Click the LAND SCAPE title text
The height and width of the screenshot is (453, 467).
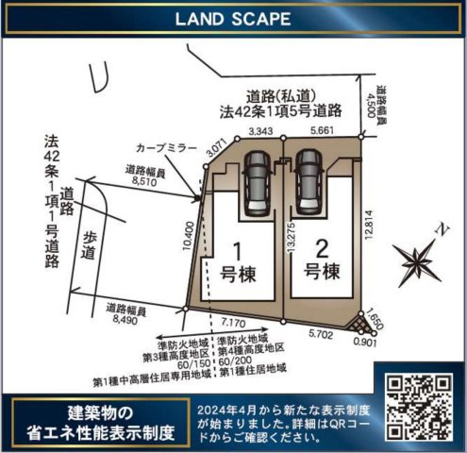(233, 20)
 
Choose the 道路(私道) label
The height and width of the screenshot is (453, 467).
(280, 95)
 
